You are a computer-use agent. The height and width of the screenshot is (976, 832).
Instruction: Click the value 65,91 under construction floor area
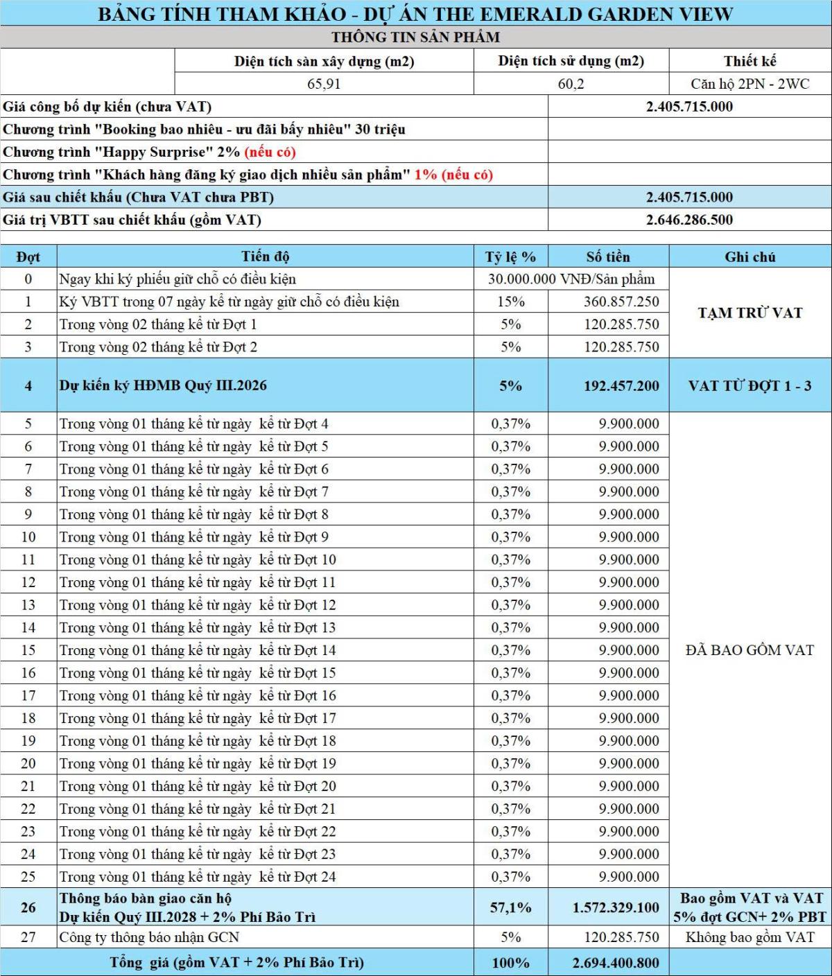click(x=324, y=84)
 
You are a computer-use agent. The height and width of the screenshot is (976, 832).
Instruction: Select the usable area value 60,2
click(x=571, y=84)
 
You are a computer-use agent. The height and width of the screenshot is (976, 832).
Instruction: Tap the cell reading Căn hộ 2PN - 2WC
click(x=749, y=84)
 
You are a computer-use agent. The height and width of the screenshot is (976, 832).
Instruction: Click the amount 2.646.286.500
click(x=689, y=220)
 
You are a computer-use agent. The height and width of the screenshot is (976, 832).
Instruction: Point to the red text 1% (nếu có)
click(x=453, y=175)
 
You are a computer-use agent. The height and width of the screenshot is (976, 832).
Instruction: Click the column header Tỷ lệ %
click(x=510, y=256)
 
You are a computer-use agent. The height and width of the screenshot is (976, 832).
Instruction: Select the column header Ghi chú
click(x=749, y=256)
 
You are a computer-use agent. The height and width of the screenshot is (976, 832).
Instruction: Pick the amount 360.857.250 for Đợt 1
click(x=621, y=302)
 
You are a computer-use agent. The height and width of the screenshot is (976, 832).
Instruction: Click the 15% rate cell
click(x=510, y=302)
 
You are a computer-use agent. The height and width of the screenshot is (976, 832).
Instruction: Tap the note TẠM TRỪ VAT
click(x=749, y=313)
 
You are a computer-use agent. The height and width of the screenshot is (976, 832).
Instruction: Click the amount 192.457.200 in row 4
click(x=621, y=386)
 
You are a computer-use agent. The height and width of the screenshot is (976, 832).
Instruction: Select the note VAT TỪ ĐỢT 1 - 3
click(x=749, y=386)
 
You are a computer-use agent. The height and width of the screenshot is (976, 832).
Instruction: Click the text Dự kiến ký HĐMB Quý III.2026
click(x=163, y=385)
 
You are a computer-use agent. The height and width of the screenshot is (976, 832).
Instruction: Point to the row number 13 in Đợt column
click(x=28, y=605)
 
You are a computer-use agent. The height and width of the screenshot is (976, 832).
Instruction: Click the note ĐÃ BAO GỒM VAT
click(x=749, y=650)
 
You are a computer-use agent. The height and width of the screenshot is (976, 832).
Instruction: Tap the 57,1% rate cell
click(x=510, y=907)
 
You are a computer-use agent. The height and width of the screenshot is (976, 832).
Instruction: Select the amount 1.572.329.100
click(x=616, y=907)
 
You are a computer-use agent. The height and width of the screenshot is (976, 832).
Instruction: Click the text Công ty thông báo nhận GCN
click(x=149, y=937)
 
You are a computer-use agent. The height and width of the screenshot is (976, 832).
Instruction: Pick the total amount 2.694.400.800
click(x=616, y=962)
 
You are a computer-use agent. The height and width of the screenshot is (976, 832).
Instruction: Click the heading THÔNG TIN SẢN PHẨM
click(x=415, y=37)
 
